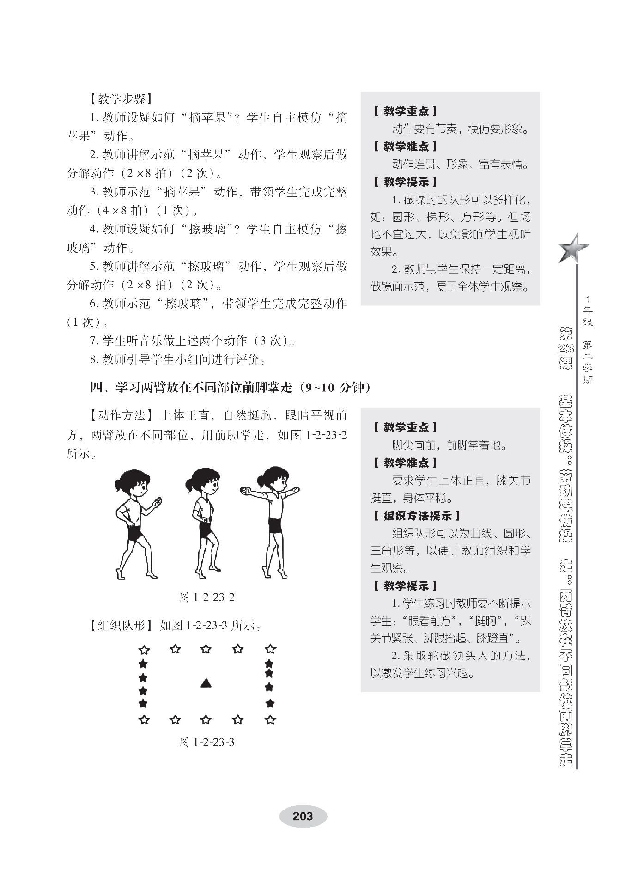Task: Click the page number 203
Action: tap(303, 816)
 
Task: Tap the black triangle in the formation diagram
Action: tap(206, 683)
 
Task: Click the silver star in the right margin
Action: tap(573, 249)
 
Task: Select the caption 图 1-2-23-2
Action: tap(207, 597)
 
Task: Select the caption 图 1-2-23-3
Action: tap(207, 742)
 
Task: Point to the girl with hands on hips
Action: tap(206, 522)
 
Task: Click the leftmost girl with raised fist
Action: tap(136, 522)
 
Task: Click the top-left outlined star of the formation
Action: tap(144, 650)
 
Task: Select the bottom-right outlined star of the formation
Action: tap(270, 719)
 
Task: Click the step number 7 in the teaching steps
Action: tap(93, 341)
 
